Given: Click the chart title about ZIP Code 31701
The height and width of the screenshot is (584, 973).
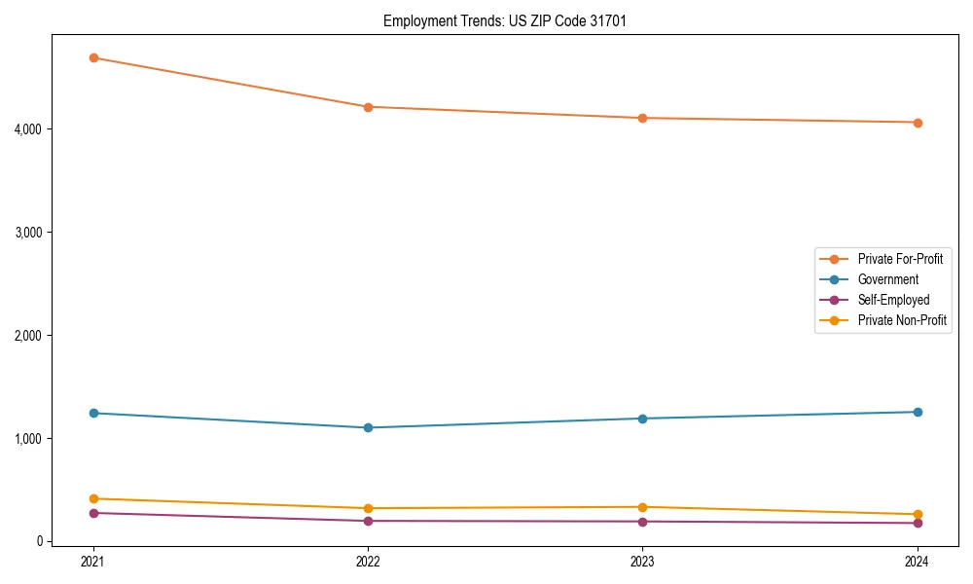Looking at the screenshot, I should pos(497,20).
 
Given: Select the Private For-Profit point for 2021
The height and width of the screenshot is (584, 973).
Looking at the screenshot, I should pos(93,57).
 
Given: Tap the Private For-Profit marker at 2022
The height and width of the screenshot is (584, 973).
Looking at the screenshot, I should pos(368,107).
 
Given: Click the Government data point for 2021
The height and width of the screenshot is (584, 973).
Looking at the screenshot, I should pos(93,413).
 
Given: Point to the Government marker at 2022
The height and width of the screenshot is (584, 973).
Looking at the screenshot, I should pos(368,427).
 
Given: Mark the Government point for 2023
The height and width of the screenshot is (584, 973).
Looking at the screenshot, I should pos(642,419).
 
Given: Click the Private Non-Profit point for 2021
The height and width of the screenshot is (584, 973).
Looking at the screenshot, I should pos(93,498).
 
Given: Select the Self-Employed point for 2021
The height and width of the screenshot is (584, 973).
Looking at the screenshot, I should pos(93,513).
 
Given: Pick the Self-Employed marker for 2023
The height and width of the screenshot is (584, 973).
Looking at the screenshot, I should pos(642,522).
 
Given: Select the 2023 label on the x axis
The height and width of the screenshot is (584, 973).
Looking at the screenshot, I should pos(642,562).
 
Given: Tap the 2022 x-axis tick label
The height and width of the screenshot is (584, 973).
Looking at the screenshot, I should pos(368,562).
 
